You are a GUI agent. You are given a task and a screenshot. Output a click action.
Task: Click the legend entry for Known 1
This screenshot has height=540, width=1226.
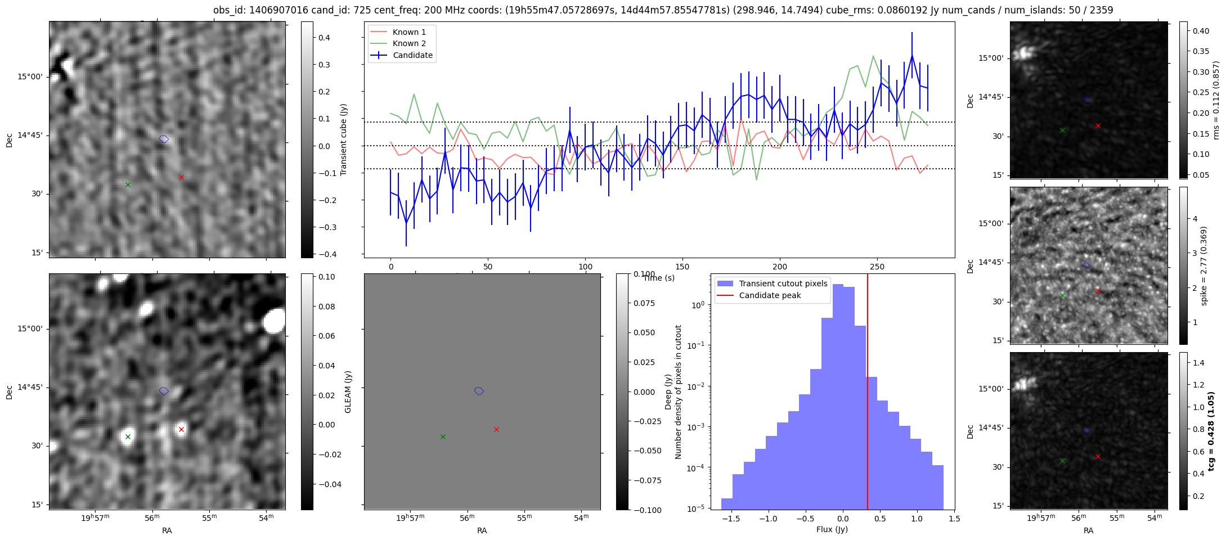[x=409, y=32]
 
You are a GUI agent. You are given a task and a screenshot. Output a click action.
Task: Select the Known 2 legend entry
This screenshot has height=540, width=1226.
[x=409, y=43]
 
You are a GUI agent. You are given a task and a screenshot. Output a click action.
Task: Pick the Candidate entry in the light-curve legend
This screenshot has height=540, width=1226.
[x=412, y=55]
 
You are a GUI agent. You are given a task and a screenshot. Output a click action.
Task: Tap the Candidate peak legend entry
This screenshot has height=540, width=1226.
[x=770, y=295]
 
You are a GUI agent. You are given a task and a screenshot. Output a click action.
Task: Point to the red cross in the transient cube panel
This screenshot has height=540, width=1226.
[x=181, y=177]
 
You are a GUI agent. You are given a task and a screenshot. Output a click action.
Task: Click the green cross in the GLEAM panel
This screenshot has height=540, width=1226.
[x=128, y=436]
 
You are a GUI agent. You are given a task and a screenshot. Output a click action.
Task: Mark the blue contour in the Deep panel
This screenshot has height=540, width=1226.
[x=479, y=391]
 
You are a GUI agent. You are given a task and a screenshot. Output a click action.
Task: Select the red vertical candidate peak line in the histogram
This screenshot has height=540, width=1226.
[x=868, y=394]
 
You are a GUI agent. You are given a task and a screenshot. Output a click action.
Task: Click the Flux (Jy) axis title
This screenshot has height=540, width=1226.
[x=832, y=529]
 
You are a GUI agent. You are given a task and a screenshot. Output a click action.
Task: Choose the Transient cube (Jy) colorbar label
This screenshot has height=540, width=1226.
[x=344, y=139]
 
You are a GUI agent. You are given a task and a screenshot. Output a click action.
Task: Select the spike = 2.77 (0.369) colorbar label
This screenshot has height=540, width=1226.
[x=1203, y=265]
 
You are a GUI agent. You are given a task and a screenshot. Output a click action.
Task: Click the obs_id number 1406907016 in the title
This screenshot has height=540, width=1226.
[x=275, y=10]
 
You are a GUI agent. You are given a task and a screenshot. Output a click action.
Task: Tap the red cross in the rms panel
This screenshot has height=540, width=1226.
[x=1098, y=125]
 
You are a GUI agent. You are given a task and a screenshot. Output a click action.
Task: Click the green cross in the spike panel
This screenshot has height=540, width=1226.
[x=1062, y=295]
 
